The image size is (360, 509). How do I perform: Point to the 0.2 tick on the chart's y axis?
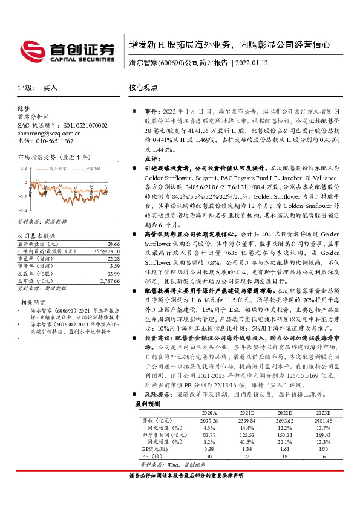(x=24, y=169)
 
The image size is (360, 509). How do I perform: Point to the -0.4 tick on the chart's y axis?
(x=23, y=210)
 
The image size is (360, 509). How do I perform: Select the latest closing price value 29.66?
(x=113, y=243)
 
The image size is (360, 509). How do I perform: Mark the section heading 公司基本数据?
(x=36, y=235)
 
